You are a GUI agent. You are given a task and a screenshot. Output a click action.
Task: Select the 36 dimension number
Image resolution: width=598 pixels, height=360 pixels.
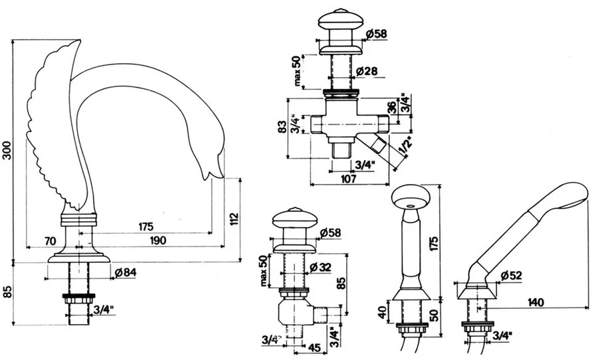tap(391, 106)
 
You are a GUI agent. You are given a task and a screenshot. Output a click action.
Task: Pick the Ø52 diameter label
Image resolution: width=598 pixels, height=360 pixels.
tap(512, 275)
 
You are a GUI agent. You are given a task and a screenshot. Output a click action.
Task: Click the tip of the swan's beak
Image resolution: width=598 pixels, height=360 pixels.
tap(207, 177)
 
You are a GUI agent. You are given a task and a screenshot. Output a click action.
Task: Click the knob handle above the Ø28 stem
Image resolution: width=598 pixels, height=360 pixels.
tap(340, 21)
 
